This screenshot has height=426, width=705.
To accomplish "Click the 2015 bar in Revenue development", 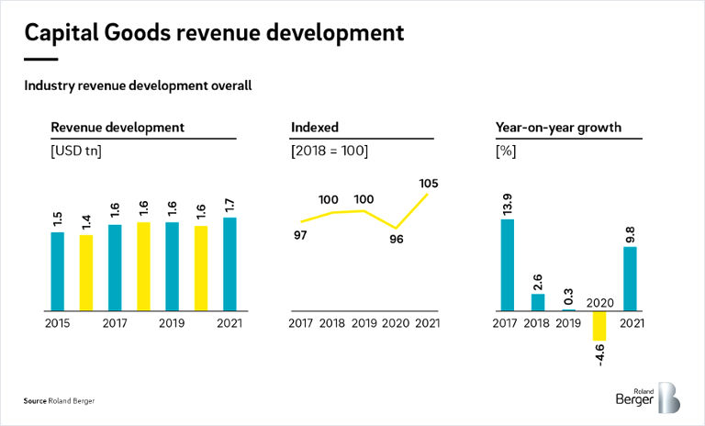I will click(57, 271).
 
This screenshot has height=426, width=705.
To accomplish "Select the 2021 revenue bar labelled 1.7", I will click(229, 263).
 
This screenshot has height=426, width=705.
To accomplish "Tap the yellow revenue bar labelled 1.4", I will click(85, 273).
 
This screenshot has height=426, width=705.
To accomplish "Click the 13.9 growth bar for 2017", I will click(507, 264).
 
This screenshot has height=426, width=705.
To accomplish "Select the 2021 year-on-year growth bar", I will click(631, 278).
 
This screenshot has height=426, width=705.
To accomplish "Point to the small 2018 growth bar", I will click(538, 301).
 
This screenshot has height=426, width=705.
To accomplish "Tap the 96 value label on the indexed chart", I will click(397, 240).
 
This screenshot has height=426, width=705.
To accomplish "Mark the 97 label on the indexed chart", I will click(301, 236).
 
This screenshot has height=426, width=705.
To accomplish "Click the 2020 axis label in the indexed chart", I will click(395, 323).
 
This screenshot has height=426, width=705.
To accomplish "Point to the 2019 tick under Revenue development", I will click(172, 323).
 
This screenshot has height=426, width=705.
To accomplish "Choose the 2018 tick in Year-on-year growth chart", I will click(538, 323).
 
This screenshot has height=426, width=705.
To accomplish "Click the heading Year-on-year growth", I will click(558, 128).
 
